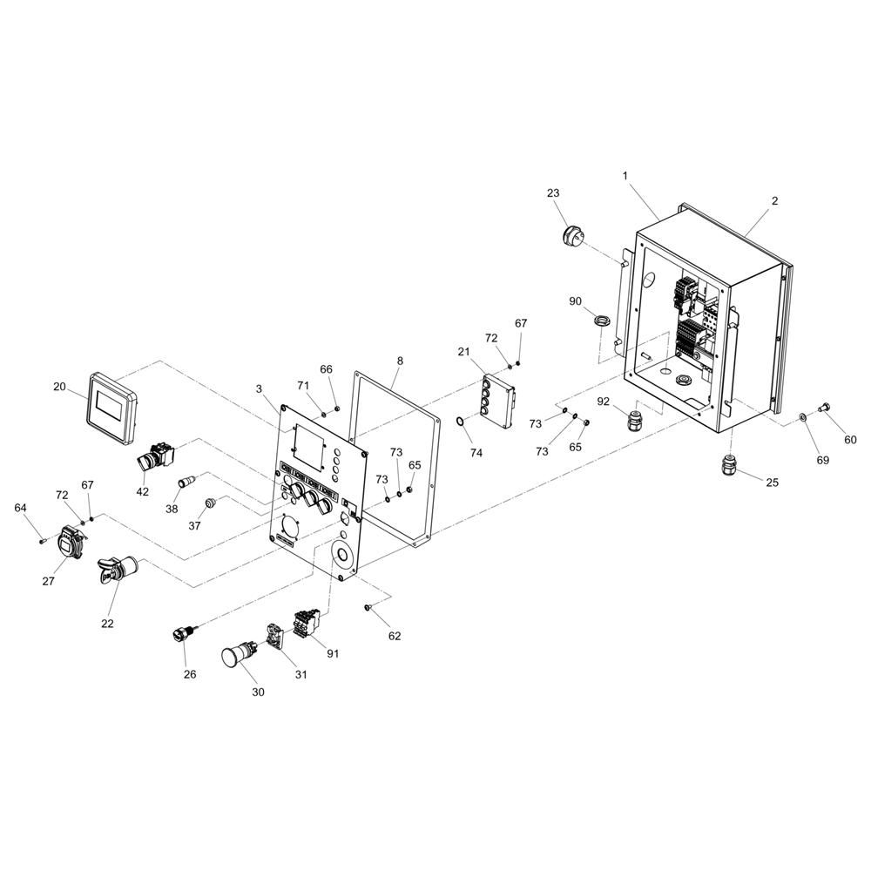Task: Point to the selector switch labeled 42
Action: (154, 456)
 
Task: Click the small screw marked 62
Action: (369, 608)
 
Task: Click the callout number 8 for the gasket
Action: (400, 360)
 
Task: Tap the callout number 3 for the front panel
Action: (259, 388)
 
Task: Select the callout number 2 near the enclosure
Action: (774, 201)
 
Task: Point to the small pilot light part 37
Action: (209, 503)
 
